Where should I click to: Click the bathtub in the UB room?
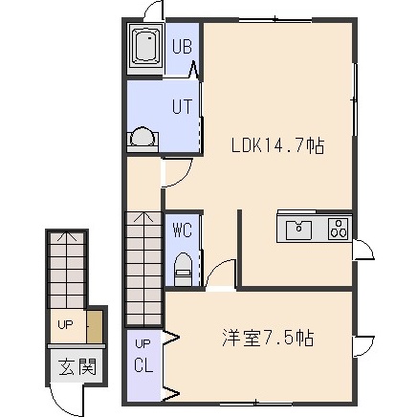[x=145, y=48]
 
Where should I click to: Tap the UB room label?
[x=182, y=47]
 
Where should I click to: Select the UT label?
[x=182, y=106]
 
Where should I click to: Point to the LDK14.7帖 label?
[x=277, y=145]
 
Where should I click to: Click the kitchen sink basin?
[x=298, y=230]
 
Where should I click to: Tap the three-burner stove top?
[x=339, y=229]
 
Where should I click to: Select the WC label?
[x=182, y=230]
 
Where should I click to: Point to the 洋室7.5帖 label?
[x=268, y=338]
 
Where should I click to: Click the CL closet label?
[x=143, y=365]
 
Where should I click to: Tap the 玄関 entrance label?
[x=77, y=366]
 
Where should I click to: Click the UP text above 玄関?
[x=65, y=324]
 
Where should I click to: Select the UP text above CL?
[x=143, y=344]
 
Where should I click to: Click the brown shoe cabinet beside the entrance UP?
[x=95, y=326]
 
